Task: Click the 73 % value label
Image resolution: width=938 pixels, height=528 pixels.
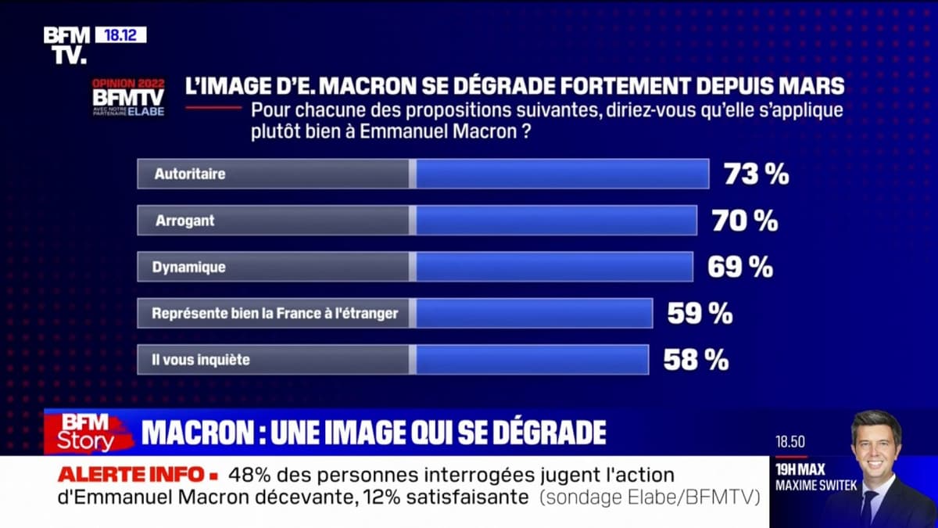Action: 756,174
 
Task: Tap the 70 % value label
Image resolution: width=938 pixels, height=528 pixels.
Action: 744,221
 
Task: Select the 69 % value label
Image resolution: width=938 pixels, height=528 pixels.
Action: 739,267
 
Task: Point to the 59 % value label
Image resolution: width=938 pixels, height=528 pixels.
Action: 700,314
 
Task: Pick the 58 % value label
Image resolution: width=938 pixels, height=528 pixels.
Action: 696,360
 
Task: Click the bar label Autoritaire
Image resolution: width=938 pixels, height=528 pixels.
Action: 190,174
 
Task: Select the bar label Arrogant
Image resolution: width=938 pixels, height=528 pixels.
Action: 184,221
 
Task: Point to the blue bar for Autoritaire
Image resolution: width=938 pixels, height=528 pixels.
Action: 561,174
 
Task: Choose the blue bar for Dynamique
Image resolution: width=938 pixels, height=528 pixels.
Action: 553,267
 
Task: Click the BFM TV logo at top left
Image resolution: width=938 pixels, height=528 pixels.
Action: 66,45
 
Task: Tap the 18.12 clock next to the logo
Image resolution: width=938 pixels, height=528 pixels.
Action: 120,35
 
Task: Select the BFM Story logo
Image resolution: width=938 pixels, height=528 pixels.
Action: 87,433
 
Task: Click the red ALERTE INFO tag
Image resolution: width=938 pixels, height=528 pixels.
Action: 136,474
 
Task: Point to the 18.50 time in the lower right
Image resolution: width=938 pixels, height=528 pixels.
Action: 789,442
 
